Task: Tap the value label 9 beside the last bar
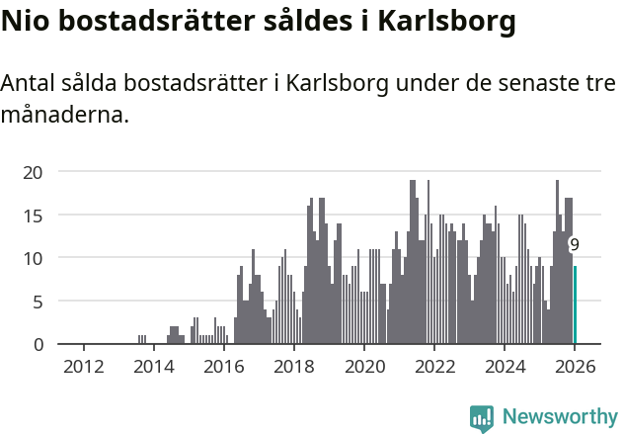coord(575,244)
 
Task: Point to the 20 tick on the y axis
coord(34,172)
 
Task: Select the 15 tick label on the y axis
coord(34,215)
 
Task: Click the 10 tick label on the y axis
coord(34,258)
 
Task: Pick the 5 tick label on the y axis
coord(39,302)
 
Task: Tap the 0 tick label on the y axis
coord(39,344)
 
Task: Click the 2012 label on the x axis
coord(83,367)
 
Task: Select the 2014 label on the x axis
coord(153,367)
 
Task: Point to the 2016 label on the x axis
coord(223,367)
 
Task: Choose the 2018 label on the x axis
coord(293,367)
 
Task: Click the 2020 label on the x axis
coord(363,367)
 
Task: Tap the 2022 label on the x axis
coord(433,367)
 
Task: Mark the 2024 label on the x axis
coord(505,367)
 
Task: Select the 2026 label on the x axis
coord(575,367)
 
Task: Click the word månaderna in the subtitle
coord(65,115)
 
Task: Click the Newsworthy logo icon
coord(482,417)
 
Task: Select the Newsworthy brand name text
coord(559,417)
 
